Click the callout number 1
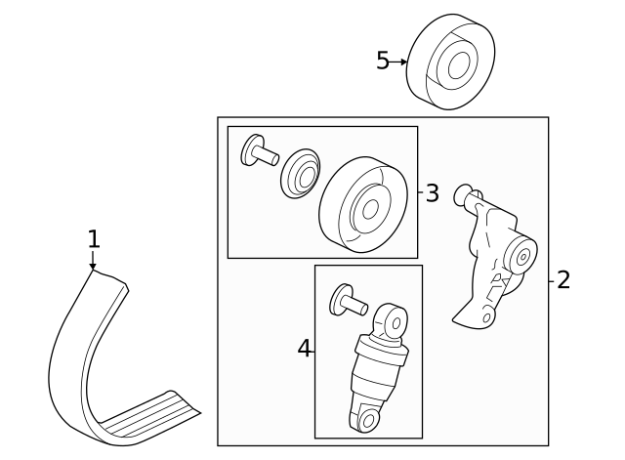(x=93, y=238)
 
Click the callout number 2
(x=562, y=280)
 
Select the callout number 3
(x=432, y=193)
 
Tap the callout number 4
(x=305, y=348)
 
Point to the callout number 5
(x=383, y=61)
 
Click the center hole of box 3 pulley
(x=370, y=208)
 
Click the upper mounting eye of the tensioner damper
(x=394, y=319)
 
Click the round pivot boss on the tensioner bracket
(x=522, y=257)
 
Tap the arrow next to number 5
(x=400, y=62)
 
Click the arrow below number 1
(x=93, y=262)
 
